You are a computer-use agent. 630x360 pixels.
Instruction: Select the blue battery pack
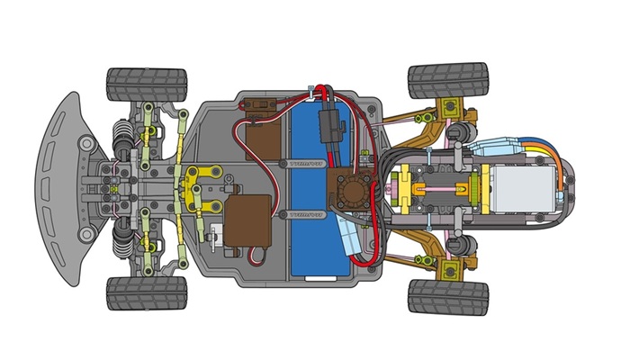click(310, 189)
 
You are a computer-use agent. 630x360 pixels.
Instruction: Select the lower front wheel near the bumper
click(145, 292)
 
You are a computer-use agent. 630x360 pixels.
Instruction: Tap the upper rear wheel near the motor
click(447, 80)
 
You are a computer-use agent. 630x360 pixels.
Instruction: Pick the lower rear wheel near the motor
click(447, 295)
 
